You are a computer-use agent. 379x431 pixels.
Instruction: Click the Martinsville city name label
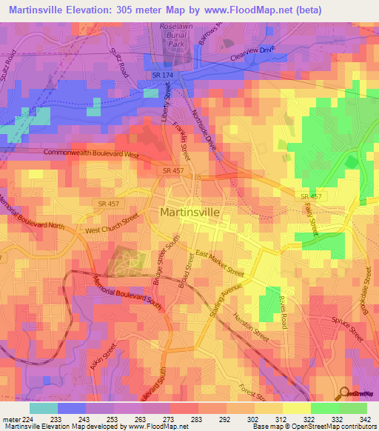[x=195, y=213]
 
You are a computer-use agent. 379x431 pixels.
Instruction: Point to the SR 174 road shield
[x=162, y=76]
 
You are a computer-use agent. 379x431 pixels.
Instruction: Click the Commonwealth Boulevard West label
[x=92, y=153]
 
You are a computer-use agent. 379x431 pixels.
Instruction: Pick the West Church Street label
[x=112, y=224]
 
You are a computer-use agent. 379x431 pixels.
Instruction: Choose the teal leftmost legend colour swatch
[x=43, y=408]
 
